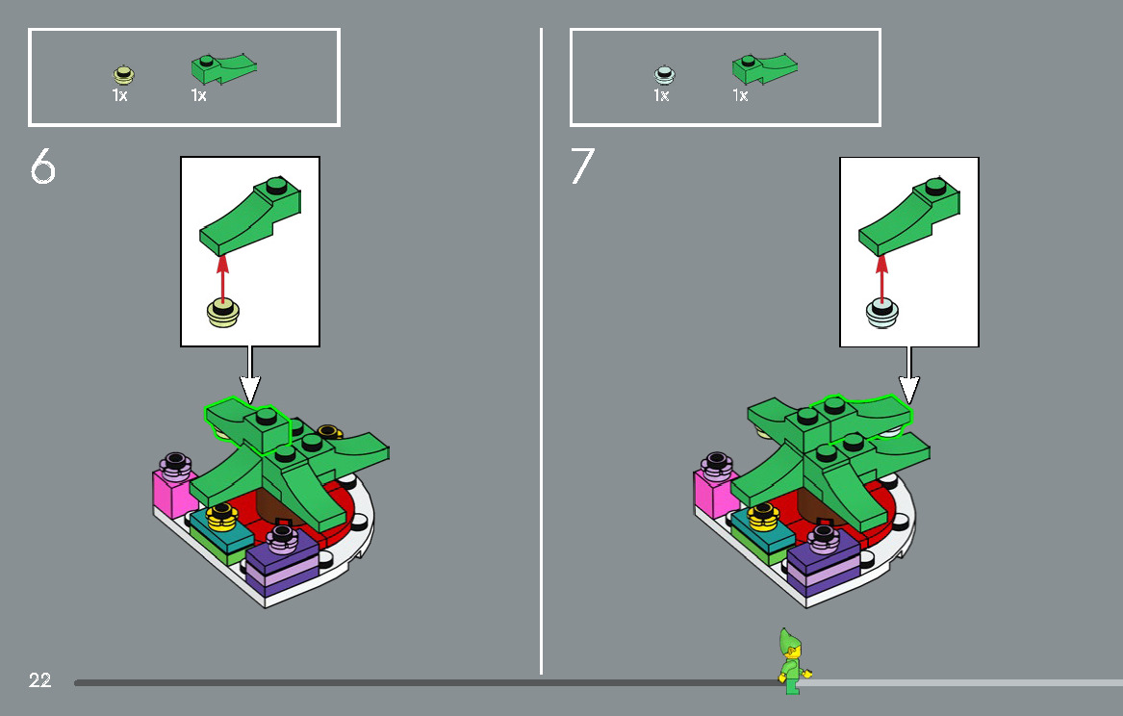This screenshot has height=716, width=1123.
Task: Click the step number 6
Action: (x=43, y=166)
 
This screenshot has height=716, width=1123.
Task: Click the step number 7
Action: (x=582, y=166)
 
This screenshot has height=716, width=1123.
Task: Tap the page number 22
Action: (x=40, y=680)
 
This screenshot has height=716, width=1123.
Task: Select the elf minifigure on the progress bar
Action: (x=793, y=661)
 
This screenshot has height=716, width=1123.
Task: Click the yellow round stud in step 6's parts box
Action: (x=123, y=74)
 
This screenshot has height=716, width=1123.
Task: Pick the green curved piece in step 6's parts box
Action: (x=223, y=68)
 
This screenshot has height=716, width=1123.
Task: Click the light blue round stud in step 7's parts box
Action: (x=665, y=74)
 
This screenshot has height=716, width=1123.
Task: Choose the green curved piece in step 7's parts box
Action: (x=764, y=68)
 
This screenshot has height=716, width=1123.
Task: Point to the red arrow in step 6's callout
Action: (x=222, y=278)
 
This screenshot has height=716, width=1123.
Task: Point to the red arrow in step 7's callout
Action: (x=881, y=278)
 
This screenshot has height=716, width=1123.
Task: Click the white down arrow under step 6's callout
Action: (x=249, y=374)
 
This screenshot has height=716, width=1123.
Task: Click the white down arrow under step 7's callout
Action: (x=908, y=374)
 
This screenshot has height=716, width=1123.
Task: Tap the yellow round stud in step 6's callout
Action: (x=222, y=314)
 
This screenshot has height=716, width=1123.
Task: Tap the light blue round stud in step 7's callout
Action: (x=881, y=314)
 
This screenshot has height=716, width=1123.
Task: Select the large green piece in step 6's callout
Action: (x=250, y=216)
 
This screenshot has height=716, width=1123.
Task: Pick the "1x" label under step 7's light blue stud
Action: (x=661, y=95)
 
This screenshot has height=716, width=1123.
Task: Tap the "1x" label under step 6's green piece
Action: (x=198, y=95)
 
